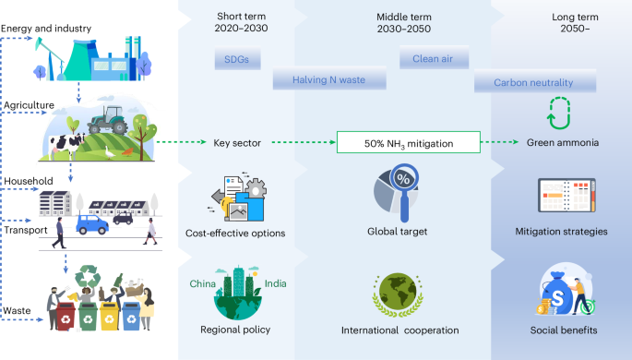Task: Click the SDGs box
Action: pyautogui.click(x=237, y=60)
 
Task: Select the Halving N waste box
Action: pyautogui.click(x=328, y=80)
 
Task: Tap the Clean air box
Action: pyautogui.click(x=433, y=60)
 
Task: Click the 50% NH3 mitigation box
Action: pyautogui.click(x=408, y=143)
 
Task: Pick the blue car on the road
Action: pyautogui.click(x=92, y=222)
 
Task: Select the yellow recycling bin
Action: pyautogui.click(x=110, y=313)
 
